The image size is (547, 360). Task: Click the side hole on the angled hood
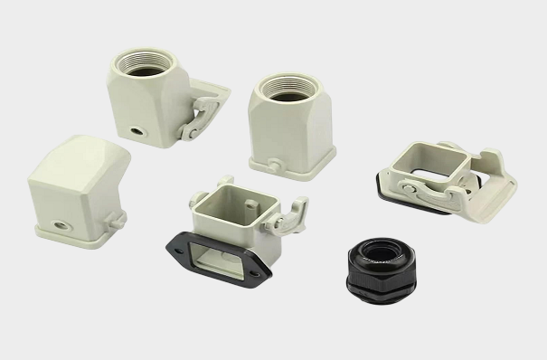63,220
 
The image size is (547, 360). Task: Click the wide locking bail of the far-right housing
493,181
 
